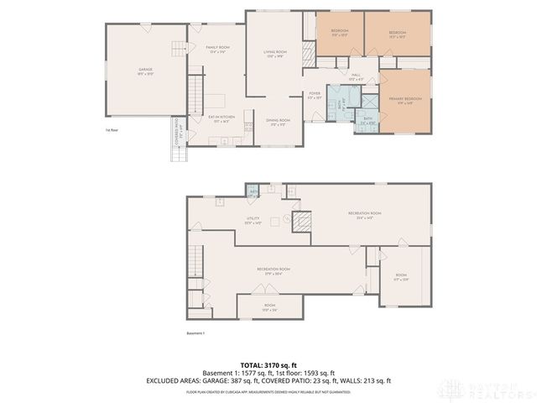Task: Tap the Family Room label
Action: (218, 50)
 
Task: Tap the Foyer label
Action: (315, 96)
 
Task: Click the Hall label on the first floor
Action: (356, 77)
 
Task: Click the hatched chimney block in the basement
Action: (301, 222)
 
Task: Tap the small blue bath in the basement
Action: (253, 194)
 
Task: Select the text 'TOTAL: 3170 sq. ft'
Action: (268, 365)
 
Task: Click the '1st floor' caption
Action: (112, 131)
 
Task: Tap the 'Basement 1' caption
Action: (195, 333)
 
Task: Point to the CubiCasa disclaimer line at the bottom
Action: (268, 391)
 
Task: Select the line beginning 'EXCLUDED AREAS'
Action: (268, 381)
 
